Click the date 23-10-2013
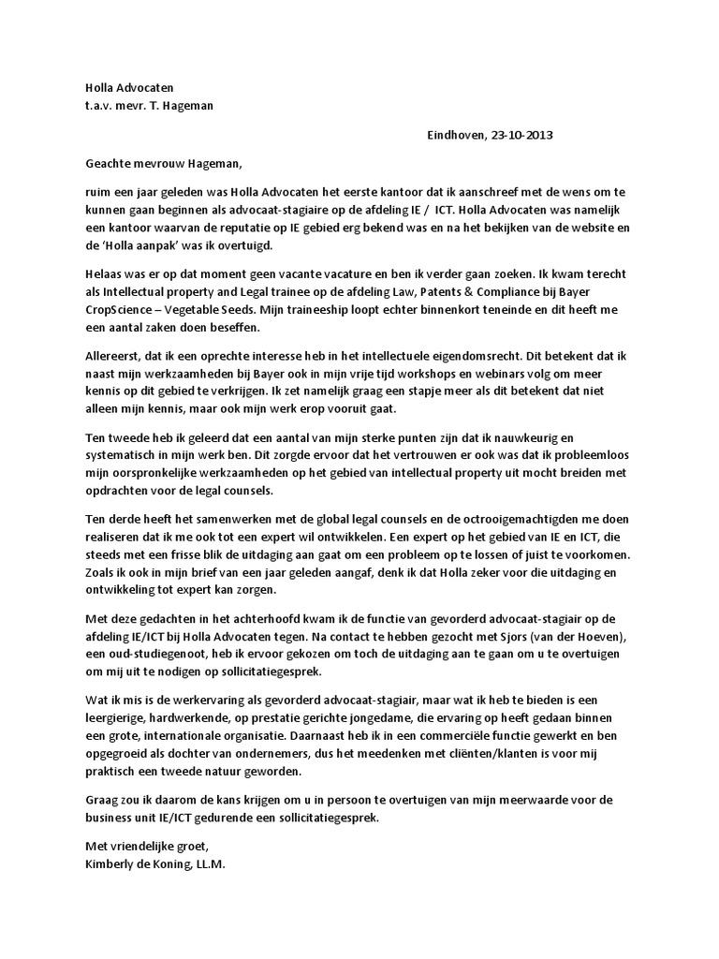[521, 135]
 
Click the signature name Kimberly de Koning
[138, 864]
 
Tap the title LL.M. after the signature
[210, 864]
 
